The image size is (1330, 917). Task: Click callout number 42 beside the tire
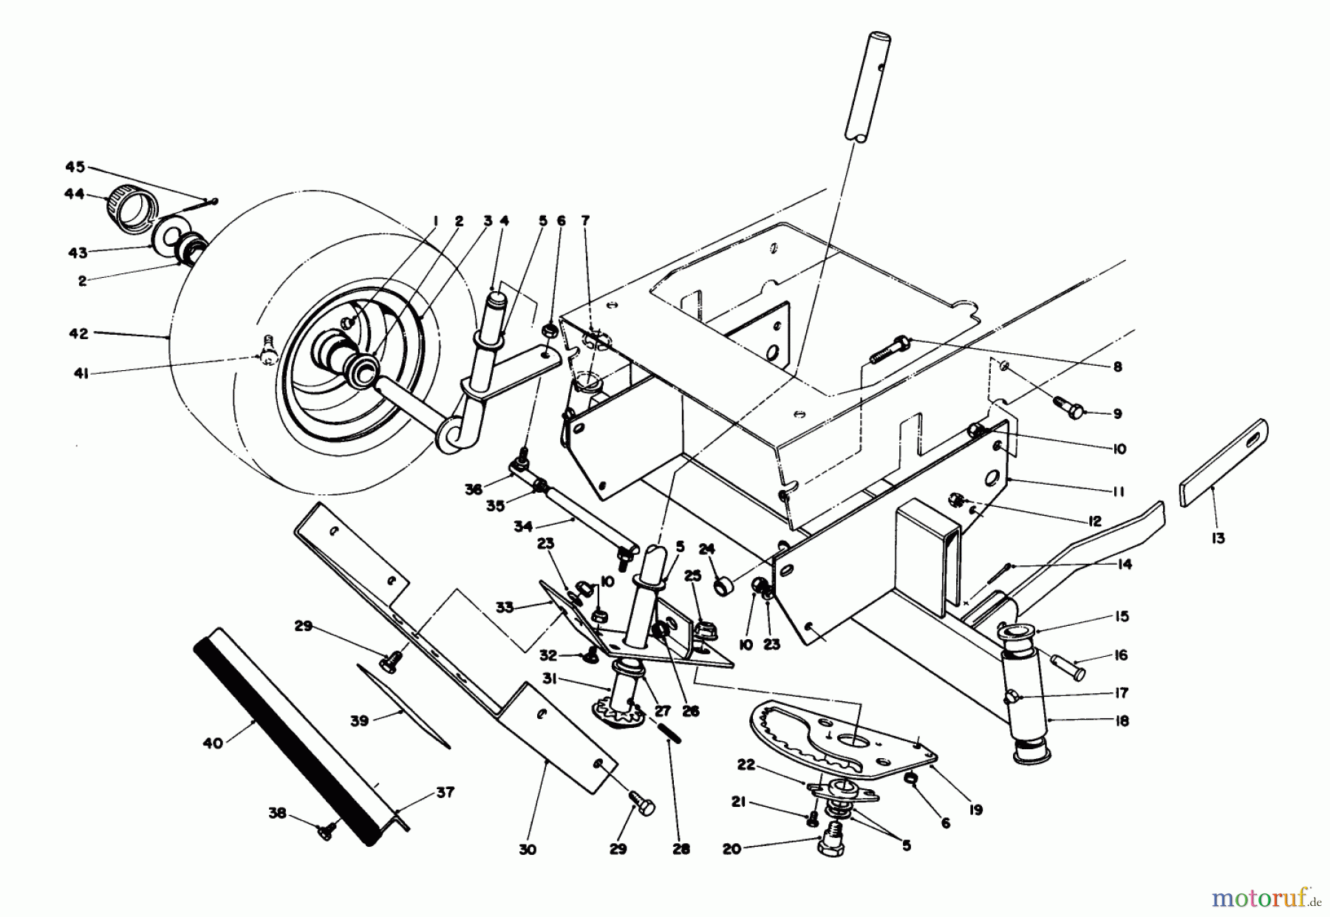[x=78, y=334]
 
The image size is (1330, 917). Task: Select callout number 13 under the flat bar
[x=1218, y=538]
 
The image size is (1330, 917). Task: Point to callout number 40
[x=213, y=743]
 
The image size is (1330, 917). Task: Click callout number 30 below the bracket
[x=527, y=850]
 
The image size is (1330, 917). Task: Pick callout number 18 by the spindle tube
[x=1122, y=721]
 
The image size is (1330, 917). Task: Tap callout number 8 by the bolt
[x=1117, y=367]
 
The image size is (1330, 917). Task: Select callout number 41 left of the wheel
[x=81, y=375]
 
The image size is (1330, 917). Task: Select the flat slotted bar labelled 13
[x=1224, y=463]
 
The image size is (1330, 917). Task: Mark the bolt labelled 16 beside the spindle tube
[x=1068, y=668]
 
